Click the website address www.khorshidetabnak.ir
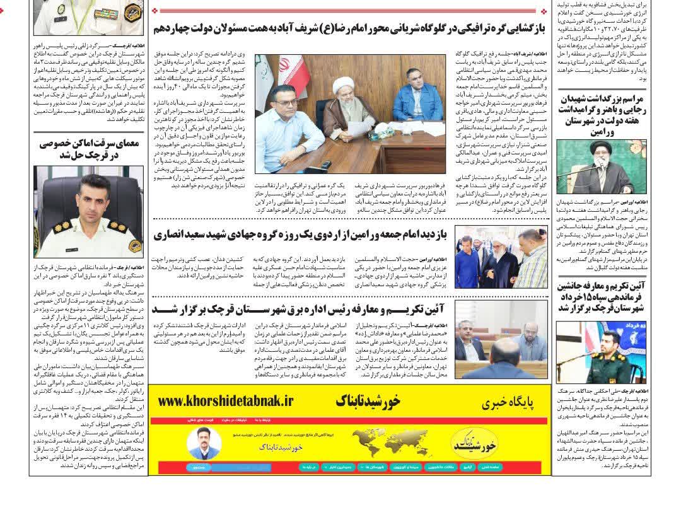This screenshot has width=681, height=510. pos(226,401)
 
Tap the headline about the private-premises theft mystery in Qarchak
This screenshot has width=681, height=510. pos(88,149)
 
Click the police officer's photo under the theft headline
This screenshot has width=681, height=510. pos(88,211)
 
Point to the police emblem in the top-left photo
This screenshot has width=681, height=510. pos(133,13)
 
